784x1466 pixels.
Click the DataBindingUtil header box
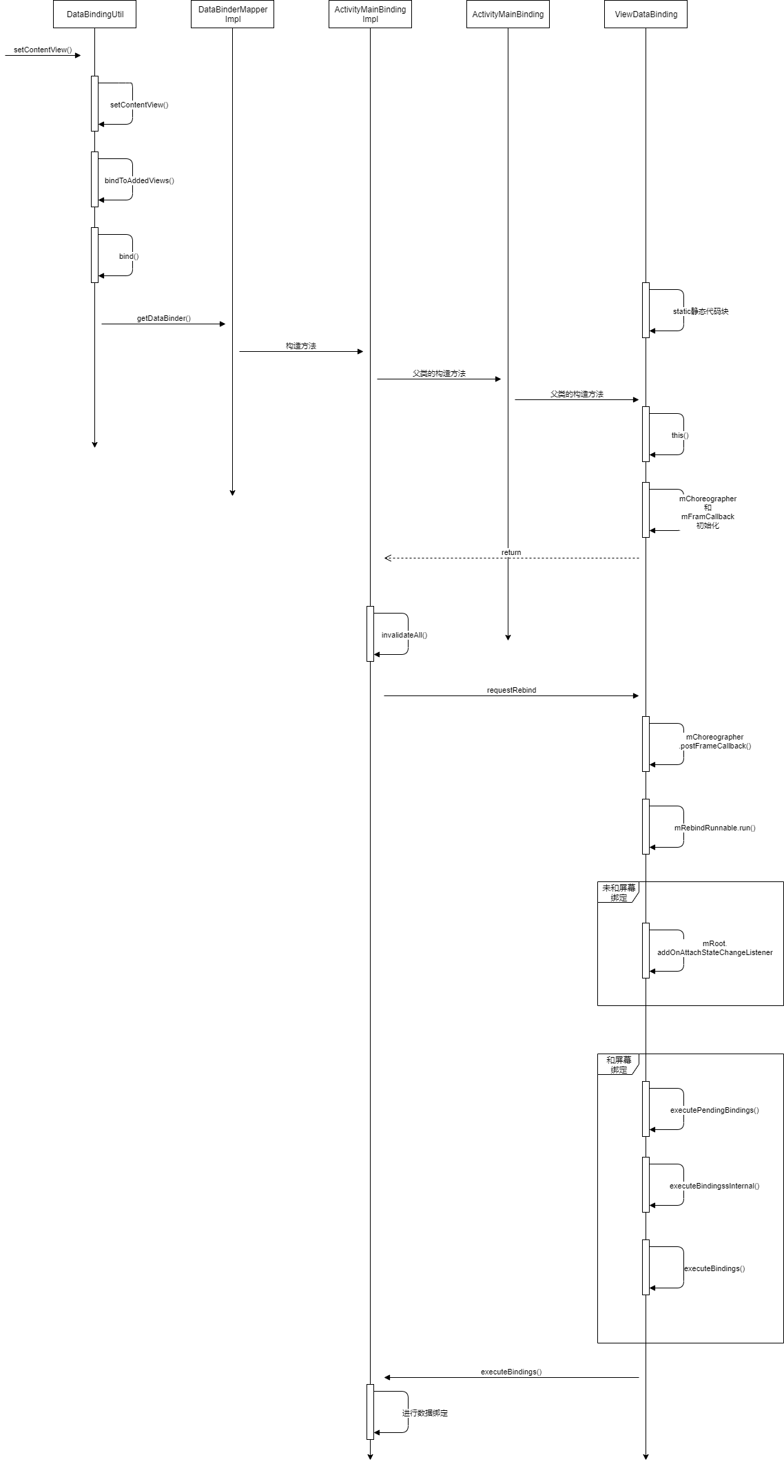[x=94, y=14]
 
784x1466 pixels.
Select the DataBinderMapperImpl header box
[x=232, y=14]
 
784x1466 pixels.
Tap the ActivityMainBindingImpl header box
[x=370, y=14]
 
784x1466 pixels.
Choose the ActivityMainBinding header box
[x=508, y=14]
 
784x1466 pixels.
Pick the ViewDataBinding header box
[x=646, y=14]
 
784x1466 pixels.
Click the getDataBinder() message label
[x=163, y=319]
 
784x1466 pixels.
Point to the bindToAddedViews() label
[x=139, y=180]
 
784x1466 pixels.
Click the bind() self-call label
[x=129, y=256]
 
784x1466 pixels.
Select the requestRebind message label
[x=511, y=690]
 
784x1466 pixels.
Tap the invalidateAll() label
[x=404, y=635]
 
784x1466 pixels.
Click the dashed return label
[x=511, y=552]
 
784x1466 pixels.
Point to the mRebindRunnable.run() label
[x=714, y=828]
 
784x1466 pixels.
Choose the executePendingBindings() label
[x=714, y=1110]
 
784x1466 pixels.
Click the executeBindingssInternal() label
[x=714, y=1186]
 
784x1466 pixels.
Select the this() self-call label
[x=680, y=435]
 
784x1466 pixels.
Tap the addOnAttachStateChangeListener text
[x=714, y=952]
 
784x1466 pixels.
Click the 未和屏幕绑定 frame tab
[x=618, y=892]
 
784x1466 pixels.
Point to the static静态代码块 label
[x=701, y=311]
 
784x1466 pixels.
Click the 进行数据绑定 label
[x=425, y=1413]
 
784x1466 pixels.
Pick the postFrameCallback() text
[x=715, y=746]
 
